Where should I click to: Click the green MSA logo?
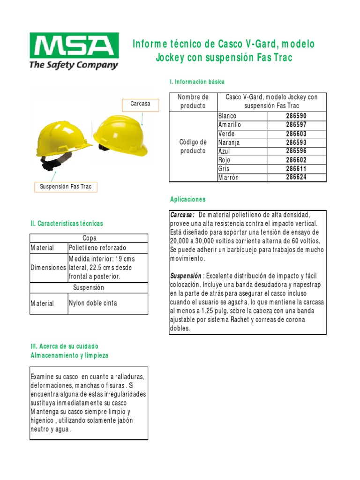pos(74,45)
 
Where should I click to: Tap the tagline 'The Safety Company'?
pos(74,65)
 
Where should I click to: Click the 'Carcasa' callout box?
pos(141,104)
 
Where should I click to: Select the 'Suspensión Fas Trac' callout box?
pos(66,187)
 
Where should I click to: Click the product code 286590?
pos(296,116)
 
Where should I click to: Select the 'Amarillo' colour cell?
pos(230,125)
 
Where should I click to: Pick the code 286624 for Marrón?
pos(296,177)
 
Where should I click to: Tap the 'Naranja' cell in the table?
pos(229,142)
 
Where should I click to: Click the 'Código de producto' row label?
pos(193,146)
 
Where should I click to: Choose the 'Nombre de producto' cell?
pos(193,101)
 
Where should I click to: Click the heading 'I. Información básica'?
pos(197,82)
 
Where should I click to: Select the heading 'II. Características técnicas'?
pos(67,224)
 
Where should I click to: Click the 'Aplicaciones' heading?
pos(187,199)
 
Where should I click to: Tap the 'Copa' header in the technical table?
pos(89,238)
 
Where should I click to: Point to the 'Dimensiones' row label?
pos(49,268)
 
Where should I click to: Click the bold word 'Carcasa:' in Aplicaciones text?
pos(182,215)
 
